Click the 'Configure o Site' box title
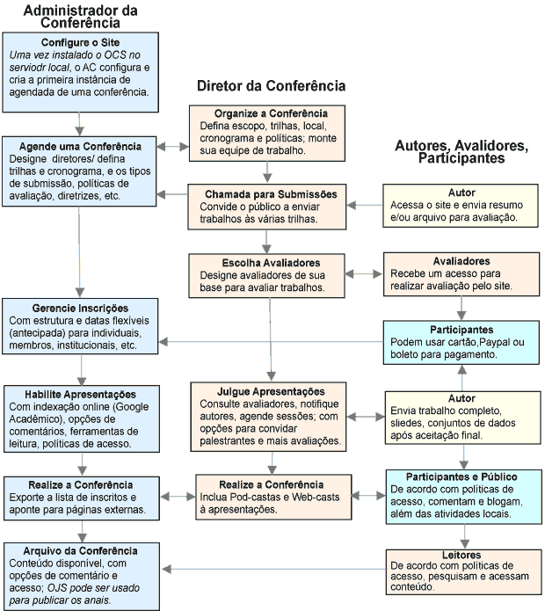(80, 42)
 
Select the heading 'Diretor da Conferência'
(271, 86)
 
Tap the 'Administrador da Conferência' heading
(80, 17)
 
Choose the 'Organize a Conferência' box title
(271, 113)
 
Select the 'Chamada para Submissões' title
(271, 193)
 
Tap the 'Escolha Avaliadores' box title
(271, 262)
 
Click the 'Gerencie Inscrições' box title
(80, 309)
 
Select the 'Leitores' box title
(462, 556)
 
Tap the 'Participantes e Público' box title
(462, 476)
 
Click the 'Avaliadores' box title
(462, 261)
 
